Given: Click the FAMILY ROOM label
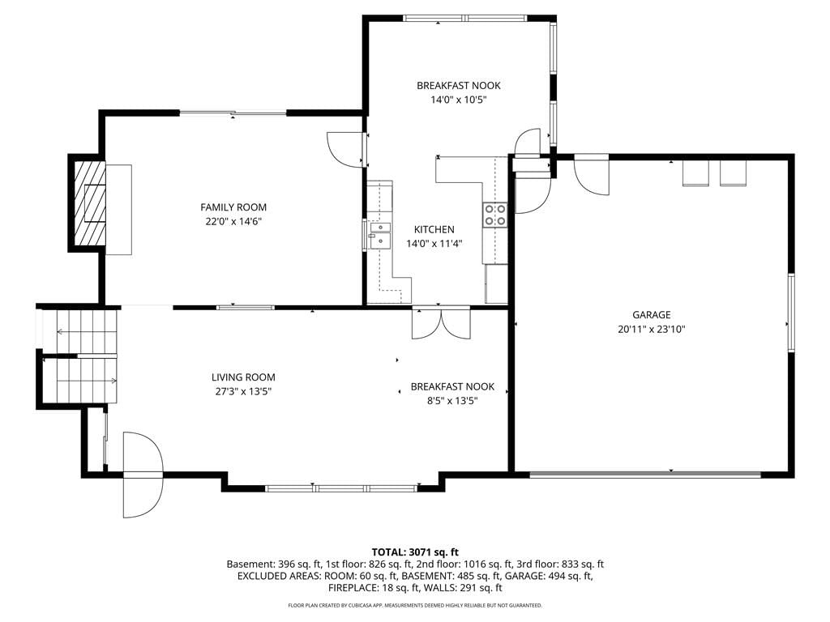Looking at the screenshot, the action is point(233,207).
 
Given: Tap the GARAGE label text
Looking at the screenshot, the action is point(652,315).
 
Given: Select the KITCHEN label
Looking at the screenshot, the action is point(434,229).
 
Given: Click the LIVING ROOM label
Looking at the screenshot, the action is point(243,377).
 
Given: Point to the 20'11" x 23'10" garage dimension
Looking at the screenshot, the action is point(652,329).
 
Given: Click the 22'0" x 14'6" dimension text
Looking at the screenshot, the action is point(233,222).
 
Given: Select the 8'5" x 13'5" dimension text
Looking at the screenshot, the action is point(452,401).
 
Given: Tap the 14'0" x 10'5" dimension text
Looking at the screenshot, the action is point(459,100).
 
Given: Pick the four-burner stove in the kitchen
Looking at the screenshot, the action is point(495,215).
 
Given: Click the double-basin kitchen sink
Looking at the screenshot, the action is point(380,235).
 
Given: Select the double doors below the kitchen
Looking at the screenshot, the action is point(441,322).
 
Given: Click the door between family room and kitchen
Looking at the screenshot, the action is point(347,149).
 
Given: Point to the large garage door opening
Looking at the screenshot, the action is point(645,475).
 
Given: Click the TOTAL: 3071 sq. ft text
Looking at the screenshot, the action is point(415,552).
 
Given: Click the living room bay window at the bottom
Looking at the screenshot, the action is point(342,488).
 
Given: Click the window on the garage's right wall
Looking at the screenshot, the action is point(791,313).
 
